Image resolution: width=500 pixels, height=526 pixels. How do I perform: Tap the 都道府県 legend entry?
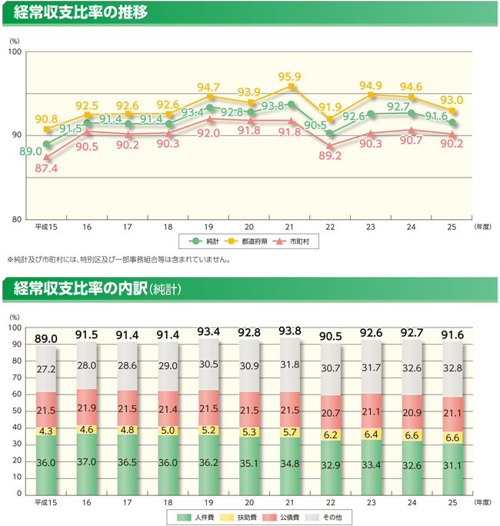click(251, 241)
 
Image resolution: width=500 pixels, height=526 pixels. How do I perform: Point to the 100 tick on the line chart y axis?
click(15, 52)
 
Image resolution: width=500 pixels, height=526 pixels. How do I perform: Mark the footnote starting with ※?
click(118, 259)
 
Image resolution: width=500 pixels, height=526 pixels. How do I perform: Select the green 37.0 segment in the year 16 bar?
click(87, 461)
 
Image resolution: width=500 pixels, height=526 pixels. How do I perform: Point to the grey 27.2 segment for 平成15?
click(46, 369)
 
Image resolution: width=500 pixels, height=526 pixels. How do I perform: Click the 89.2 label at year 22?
click(329, 156)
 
